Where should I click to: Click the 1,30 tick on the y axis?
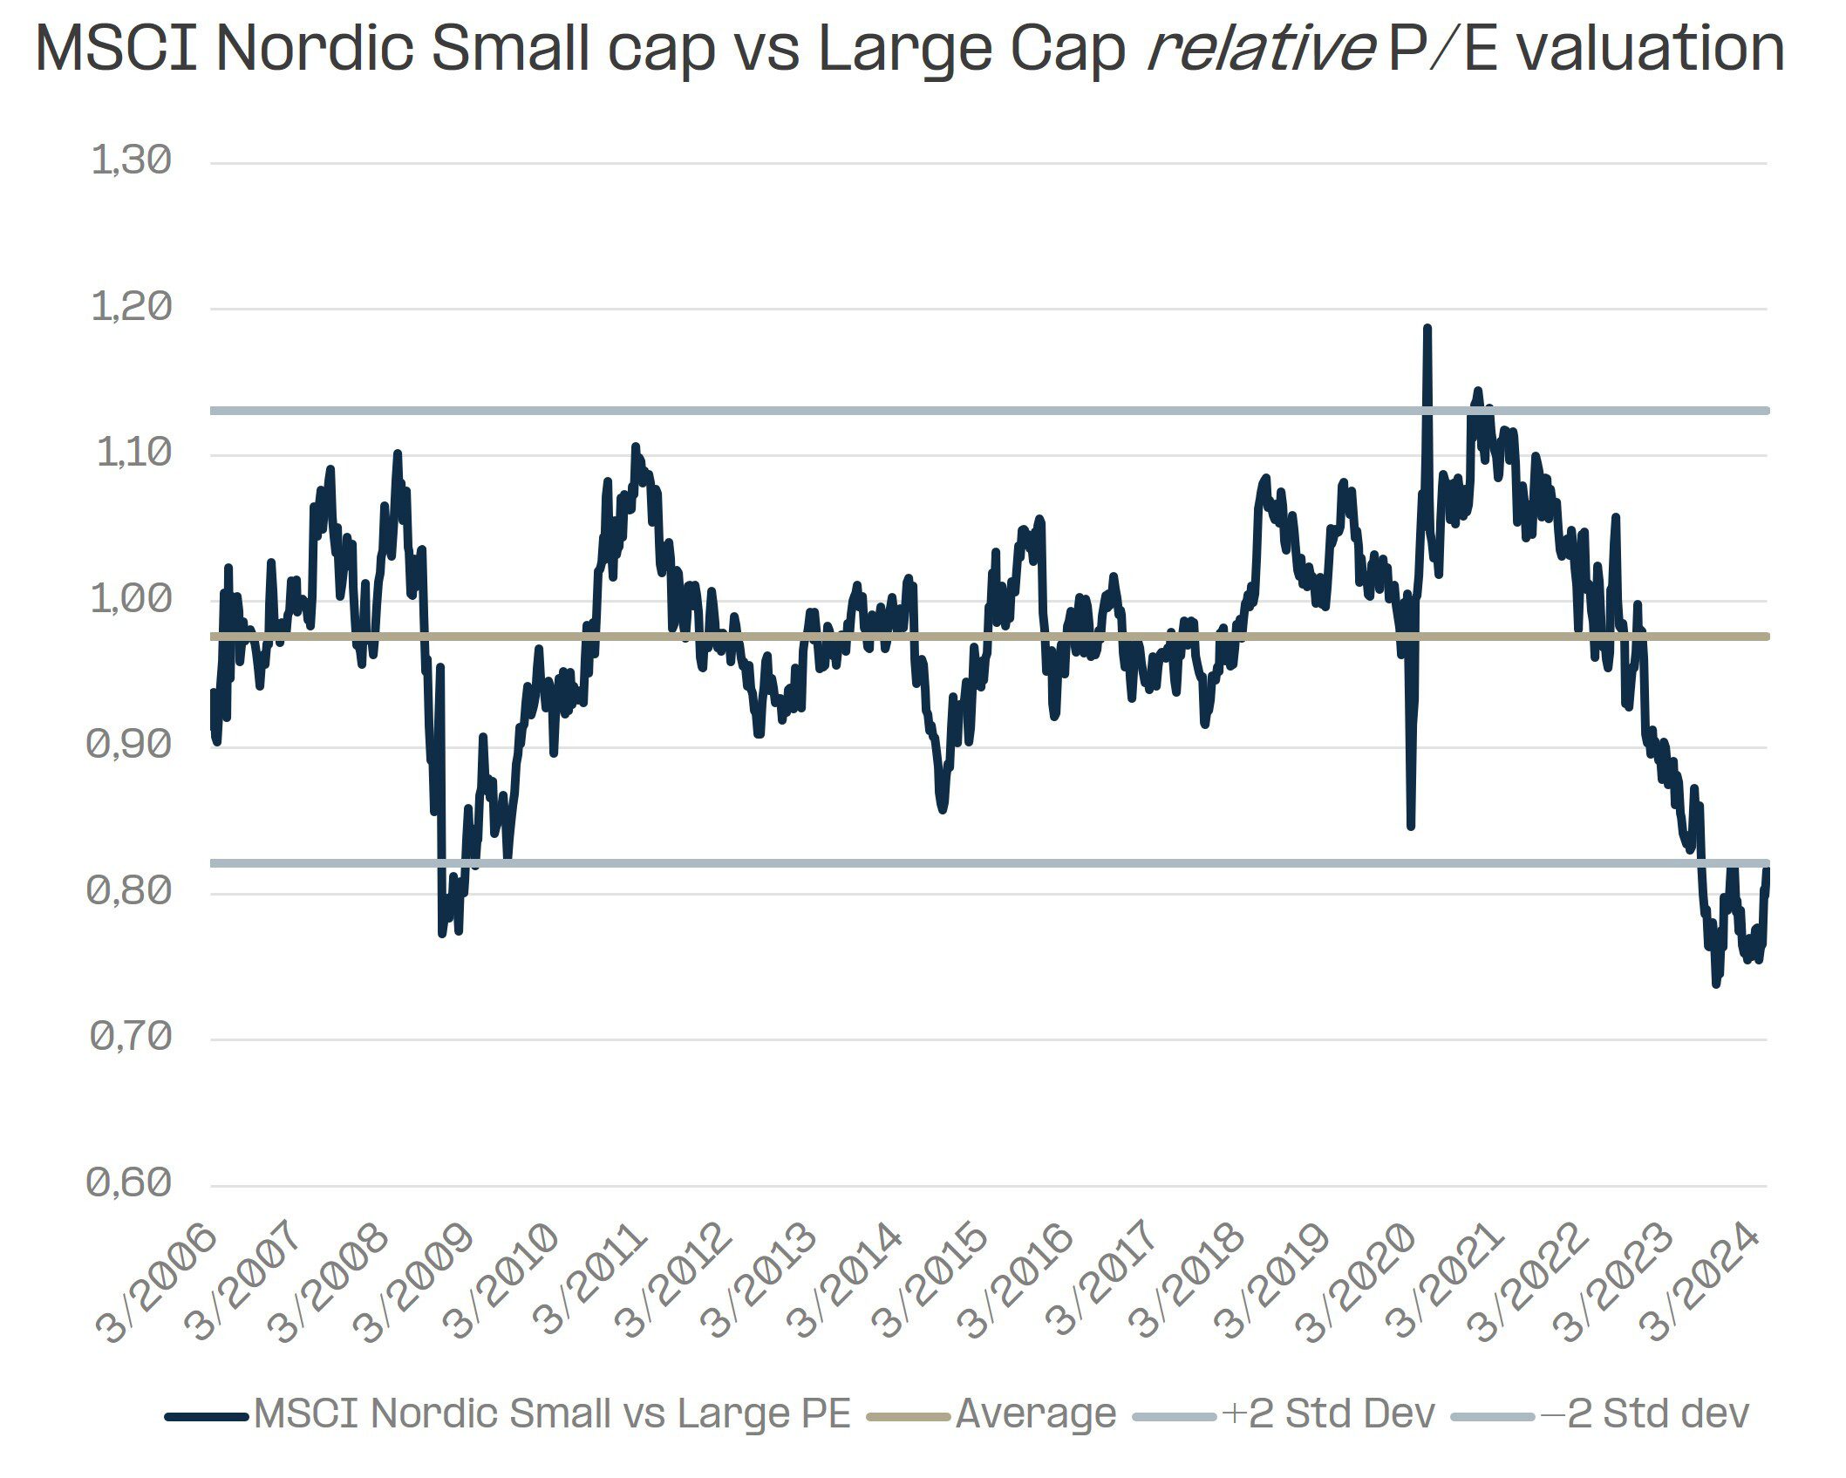click(131, 161)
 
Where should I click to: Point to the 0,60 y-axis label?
click(129, 1183)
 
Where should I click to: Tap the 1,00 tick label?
click(131, 600)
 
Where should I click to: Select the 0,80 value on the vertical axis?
click(129, 891)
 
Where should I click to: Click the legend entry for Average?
click(1036, 1413)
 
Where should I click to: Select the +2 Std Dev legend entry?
click(1328, 1413)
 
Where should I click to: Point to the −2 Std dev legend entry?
click(1645, 1413)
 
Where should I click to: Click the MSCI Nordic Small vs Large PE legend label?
click(551, 1413)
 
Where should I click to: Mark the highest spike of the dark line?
click(1427, 328)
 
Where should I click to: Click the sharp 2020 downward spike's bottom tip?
click(1411, 826)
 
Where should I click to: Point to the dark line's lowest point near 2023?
click(1716, 984)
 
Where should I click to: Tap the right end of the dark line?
click(1767, 869)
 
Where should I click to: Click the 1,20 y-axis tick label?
click(131, 308)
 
